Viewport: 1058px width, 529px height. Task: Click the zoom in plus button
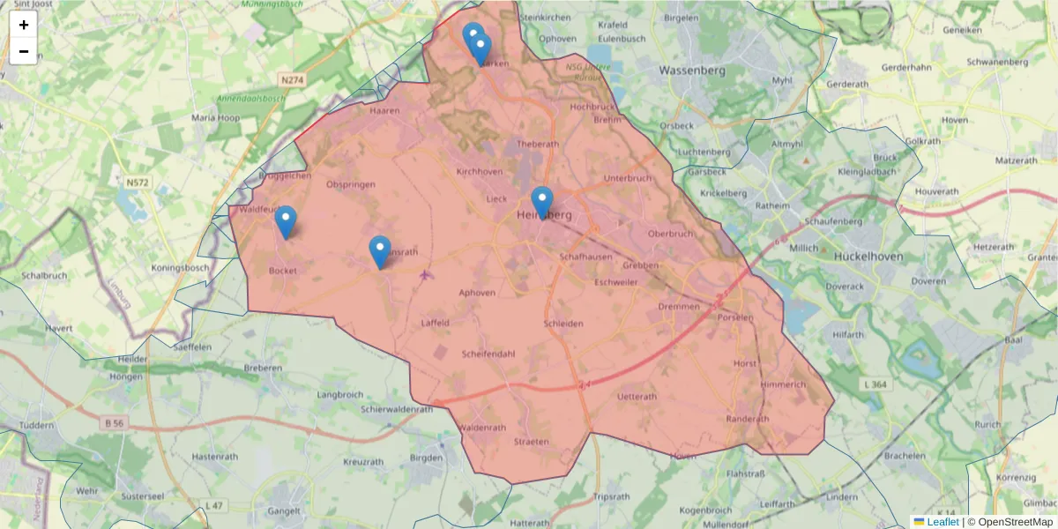[24, 25]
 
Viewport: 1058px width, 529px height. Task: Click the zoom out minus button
[24, 51]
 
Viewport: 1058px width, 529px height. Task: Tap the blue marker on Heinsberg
[542, 202]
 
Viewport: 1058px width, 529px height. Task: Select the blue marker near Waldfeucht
[286, 221]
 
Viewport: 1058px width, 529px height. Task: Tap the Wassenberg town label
[692, 70]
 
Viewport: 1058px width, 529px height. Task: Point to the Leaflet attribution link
[942, 522]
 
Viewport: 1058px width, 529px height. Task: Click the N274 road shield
[292, 80]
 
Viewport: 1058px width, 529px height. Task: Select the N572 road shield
[137, 183]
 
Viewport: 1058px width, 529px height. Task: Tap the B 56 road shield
[114, 424]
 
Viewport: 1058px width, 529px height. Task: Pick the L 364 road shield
[874, 384]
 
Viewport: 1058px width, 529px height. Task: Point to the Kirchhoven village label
[480, 172]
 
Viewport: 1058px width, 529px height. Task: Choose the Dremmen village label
[679, 307]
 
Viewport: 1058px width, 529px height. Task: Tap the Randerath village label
[748, 419]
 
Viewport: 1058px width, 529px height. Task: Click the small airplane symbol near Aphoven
[426, 275]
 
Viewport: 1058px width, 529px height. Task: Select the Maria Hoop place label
[216, 117]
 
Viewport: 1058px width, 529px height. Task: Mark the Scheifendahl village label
[488, 354]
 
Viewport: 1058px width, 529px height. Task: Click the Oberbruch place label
[670, 234]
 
